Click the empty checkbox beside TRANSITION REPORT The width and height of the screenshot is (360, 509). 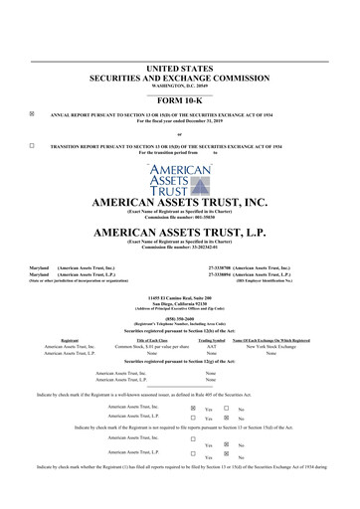(32, 145)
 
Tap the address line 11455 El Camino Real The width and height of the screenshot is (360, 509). (179, 297)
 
